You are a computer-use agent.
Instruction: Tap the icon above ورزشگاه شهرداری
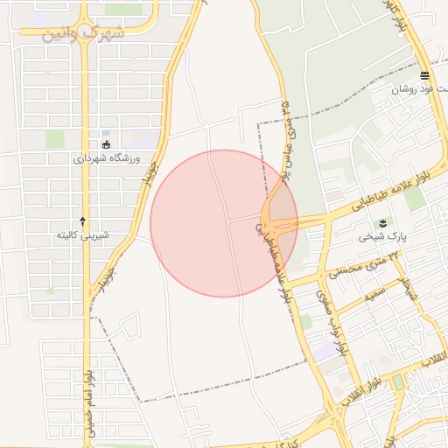pos(107,144)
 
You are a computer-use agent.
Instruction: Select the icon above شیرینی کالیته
pos(83,220)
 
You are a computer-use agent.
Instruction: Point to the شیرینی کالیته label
pos(82,234)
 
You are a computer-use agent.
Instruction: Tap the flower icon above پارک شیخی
pos(381,223)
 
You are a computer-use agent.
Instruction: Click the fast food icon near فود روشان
pos(424,75)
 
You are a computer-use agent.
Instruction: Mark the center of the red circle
pos(224,223)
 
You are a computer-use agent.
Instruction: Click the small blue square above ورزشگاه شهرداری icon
pos(106,132)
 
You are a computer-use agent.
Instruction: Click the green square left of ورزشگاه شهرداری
pos(55,138)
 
